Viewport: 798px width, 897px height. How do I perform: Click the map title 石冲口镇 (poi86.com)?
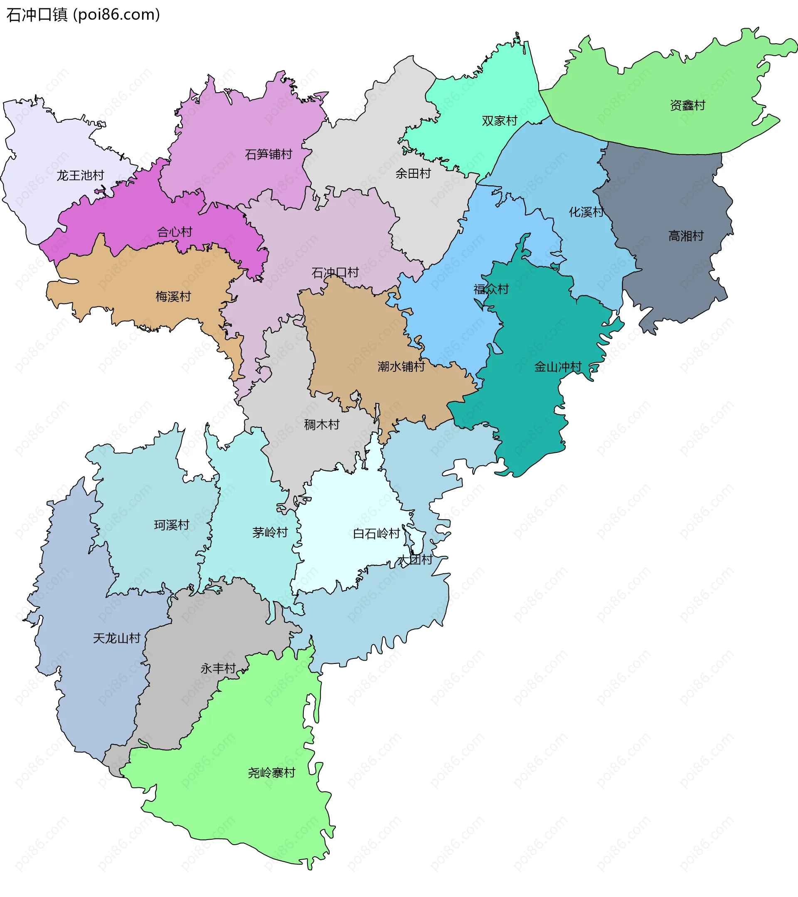pos(83,15)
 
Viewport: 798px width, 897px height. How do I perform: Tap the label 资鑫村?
pos(687,106)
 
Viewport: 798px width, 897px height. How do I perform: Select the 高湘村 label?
pos(686,236)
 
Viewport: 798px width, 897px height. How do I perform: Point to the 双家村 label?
pos(500,120)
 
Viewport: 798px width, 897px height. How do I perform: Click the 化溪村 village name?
pos(586,212)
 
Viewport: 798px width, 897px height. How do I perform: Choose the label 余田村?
pos(413,174)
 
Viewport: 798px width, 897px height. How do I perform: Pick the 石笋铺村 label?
pos(268,155)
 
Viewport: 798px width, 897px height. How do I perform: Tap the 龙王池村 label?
pos(80,176)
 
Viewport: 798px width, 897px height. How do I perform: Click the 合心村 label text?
pos(175,232)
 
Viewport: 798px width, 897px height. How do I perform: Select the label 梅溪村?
pos(173,297)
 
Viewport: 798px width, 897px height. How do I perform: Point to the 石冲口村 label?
pos(335,273)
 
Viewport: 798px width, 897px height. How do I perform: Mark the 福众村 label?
pos(491,289)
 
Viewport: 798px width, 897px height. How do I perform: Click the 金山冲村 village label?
pos(557,367)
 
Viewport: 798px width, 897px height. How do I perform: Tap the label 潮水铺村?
pos(401,366)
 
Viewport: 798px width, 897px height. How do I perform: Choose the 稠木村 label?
pos(322,425)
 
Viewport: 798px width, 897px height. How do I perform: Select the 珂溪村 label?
pos(172,525)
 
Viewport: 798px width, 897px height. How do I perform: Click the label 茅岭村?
pos(270,532)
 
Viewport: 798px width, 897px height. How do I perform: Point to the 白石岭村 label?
pos(377,533)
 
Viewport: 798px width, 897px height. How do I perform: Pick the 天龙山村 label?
pos(117,638)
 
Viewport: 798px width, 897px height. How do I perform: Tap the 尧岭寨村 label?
pos(272,773)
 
